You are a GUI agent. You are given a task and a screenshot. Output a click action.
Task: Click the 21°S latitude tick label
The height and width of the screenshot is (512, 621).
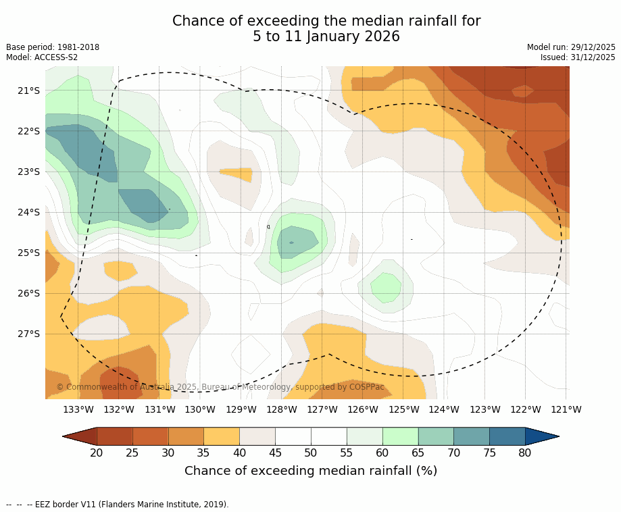(29, 91)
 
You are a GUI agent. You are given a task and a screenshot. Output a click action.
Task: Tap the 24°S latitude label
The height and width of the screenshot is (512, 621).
(29, 212)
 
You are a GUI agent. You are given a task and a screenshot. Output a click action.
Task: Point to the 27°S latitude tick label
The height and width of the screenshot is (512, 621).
(29, 334)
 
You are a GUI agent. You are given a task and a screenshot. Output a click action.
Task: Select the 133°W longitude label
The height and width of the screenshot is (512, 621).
(78, 409)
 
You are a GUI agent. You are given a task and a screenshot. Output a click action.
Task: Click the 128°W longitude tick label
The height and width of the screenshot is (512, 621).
(282, 409)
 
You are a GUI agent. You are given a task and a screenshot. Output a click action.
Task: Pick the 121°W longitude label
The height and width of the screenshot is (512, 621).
(566, 409)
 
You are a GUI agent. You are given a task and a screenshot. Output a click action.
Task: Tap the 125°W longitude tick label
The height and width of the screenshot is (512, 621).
(403, 409)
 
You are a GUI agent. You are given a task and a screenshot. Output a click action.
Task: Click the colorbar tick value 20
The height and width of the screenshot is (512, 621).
(97, 453)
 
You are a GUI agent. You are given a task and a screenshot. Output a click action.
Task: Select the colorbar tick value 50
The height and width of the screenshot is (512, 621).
(311, 453)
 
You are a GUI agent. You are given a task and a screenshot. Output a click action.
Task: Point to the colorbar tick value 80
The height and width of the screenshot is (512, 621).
(525, 453)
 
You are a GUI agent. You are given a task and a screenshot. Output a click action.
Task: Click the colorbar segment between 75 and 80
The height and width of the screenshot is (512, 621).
(507, 436)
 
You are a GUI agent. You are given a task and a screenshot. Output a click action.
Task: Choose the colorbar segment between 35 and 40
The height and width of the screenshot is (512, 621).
(222, 436)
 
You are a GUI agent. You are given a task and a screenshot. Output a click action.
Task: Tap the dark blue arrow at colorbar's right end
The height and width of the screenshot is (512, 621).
(541, 436)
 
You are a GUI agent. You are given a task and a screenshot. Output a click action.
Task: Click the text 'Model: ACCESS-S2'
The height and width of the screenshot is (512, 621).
(42, 57)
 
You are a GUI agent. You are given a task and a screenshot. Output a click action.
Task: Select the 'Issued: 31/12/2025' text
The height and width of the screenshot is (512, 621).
(578, 57)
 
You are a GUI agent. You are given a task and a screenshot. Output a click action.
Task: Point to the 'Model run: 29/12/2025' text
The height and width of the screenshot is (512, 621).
(571, 47)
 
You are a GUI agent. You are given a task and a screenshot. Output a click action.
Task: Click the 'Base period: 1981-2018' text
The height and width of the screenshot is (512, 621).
(53, 47)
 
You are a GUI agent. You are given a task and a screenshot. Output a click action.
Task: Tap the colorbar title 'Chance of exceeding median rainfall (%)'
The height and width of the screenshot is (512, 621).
(311, 471)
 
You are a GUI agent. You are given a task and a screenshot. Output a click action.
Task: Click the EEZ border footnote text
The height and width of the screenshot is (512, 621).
(118, 505)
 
